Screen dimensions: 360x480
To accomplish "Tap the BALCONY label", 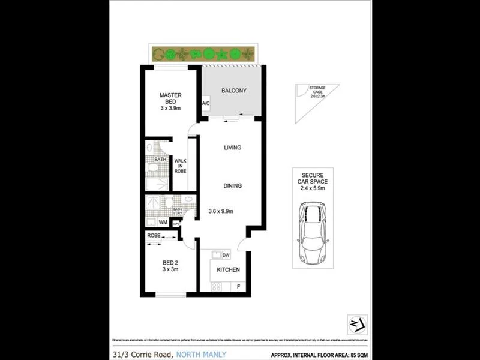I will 234,91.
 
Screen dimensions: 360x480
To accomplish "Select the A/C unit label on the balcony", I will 205,104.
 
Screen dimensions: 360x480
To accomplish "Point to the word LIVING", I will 232,148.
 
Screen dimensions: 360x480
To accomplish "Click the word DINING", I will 232,186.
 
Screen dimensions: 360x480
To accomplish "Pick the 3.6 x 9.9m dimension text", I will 221,211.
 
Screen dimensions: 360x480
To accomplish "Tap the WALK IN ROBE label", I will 180,166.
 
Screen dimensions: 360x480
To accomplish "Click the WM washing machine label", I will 163,222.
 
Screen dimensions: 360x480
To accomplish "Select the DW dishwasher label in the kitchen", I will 226,255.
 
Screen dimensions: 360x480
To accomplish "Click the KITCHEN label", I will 228,270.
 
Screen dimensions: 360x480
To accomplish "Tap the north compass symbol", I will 358,323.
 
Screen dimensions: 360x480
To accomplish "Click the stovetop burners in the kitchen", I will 216,286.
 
